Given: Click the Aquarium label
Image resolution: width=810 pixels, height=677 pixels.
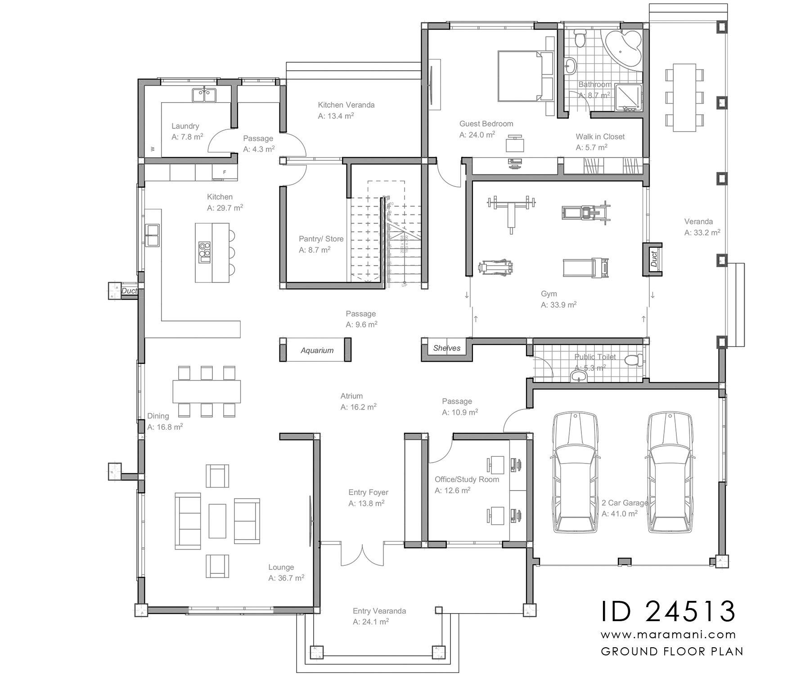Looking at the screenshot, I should tap(317, 350).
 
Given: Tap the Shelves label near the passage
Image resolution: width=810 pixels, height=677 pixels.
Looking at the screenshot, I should tap(446, 348).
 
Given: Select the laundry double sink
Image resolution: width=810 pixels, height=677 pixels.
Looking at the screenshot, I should tap(204, 95).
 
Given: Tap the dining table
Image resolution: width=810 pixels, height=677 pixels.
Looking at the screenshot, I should tap(207, 391).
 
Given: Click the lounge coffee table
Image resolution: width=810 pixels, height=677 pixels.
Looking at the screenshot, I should tap(217, 520).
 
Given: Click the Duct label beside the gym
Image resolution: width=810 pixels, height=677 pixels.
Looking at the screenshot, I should tap(654, 259).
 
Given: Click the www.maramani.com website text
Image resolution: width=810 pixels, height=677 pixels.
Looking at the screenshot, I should tap(668, 635).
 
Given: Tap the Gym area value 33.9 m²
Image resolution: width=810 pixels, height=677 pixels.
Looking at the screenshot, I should tap(558, 304).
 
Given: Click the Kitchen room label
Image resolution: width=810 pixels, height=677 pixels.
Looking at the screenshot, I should tap(220, 197).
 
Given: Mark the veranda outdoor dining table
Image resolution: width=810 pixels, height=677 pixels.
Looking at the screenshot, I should tap(684, 97).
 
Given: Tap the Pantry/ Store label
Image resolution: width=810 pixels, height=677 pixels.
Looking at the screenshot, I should tap(321, 239).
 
